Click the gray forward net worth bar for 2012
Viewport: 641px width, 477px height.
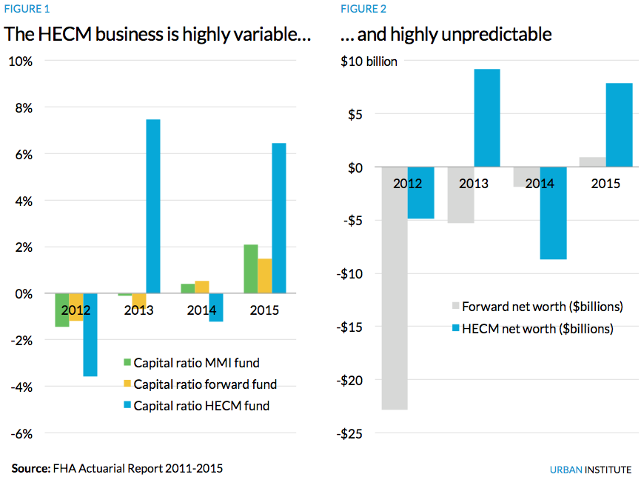[395, 288]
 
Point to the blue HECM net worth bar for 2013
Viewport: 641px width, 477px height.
[487, 118]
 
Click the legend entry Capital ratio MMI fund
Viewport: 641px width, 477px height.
[191, 363]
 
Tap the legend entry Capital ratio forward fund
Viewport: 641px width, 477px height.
[199, 384]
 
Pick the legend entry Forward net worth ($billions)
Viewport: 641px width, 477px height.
[535, 307]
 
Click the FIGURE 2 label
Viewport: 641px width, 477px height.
[363, 10]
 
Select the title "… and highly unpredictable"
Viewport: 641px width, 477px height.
[446, 34]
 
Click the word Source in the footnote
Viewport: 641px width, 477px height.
[30, 468]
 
